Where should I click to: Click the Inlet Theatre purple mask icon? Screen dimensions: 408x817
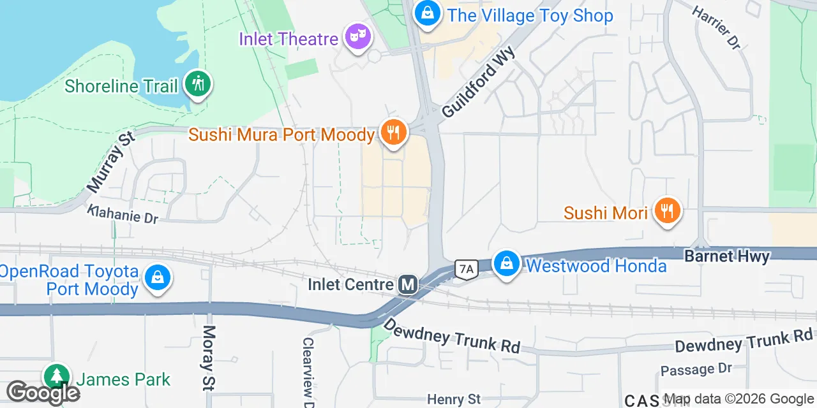(x=357, y=36)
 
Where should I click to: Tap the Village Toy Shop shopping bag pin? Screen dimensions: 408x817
(x=427, y=13)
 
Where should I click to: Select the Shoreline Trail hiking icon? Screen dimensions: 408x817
(x=198, y=84)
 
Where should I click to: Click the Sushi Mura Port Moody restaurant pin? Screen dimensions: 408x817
(x=393, y=133)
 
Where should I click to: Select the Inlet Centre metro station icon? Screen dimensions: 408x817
(x=408, y=284)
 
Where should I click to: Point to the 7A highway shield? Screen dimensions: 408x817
(x=467, y=270)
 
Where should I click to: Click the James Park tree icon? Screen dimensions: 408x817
(x=57, y=376)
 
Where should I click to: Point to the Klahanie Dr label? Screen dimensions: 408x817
(x=123, y=214)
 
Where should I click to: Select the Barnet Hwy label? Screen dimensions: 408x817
(x=727, y=256)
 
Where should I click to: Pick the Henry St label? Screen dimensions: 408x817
(x=454, y=400)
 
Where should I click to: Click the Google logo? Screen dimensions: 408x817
(x=43, y=393)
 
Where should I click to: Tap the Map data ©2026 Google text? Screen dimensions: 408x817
(x=739, y=399)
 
